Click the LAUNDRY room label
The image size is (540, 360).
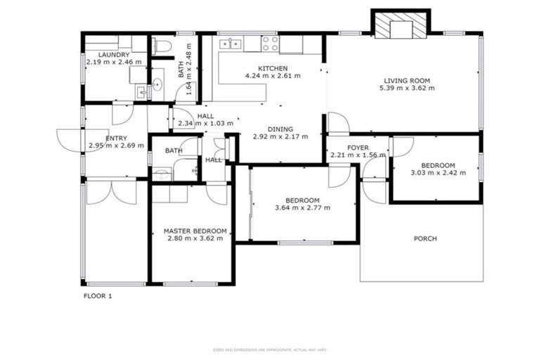coord(112,54)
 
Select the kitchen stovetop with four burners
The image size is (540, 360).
coord(270,44)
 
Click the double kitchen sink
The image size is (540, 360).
coord(229,44)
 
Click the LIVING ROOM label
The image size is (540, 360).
coord(406,80)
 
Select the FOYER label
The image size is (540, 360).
coord(358,147)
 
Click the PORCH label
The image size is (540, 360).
coord(425,238)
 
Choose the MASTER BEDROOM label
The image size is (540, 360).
coord(195,231)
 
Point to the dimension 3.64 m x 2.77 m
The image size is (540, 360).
coord(302,207)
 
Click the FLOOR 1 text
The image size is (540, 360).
coord(98,296)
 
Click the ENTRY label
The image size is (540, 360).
coord(116,138)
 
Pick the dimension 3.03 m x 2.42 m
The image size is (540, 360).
coord(437,172)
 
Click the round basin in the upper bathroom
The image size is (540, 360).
coord(157,84)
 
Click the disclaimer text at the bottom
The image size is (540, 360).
coord(270,349)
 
